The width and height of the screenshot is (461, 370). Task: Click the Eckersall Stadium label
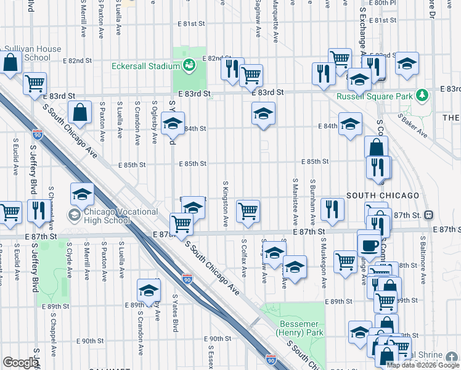(x=145, y=66)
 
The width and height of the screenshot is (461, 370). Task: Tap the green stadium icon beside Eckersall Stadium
(x=190, y=64)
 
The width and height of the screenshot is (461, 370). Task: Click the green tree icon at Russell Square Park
(x=422, y=96)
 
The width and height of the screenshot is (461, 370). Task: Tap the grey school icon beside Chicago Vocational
(x=74, y=216)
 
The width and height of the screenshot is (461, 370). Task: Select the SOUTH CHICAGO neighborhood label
(x=383, y=195)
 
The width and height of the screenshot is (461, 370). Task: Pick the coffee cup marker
(x=370, y=244)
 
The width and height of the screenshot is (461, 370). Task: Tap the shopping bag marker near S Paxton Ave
(x=80, y=113)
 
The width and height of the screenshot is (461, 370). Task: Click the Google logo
(x=20, y=363)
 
